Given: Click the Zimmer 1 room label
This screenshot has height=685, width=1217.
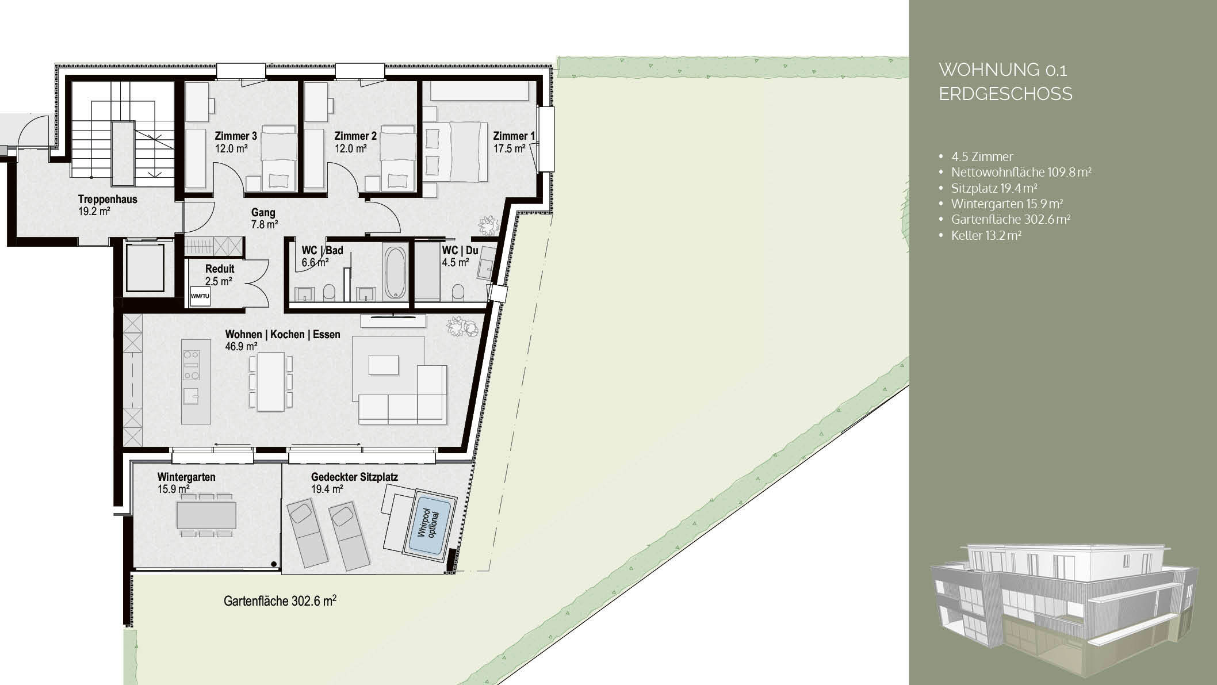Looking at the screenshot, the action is (514, 136).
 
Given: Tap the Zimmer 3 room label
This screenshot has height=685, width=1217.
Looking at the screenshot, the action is (236, 136).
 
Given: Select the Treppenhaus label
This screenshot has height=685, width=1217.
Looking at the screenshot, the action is (108, 200).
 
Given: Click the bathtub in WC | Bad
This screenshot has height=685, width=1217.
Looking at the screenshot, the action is (395, 273).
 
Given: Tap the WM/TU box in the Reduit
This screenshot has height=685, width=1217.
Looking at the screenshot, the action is (200, 296).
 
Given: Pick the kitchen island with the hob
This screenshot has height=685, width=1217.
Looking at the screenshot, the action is (192, 381).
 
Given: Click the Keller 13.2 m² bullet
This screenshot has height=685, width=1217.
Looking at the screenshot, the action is (986, 235).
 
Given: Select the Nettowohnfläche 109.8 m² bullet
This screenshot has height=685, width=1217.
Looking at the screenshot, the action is (1021, 172).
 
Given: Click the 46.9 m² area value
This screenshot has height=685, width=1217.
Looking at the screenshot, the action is (241, 346).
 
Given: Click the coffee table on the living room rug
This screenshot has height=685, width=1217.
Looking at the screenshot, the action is (384, 365).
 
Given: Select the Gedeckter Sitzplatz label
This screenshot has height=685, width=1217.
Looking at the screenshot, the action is (354, 477).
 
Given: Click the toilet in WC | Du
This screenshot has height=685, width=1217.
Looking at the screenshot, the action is (458, 292).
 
